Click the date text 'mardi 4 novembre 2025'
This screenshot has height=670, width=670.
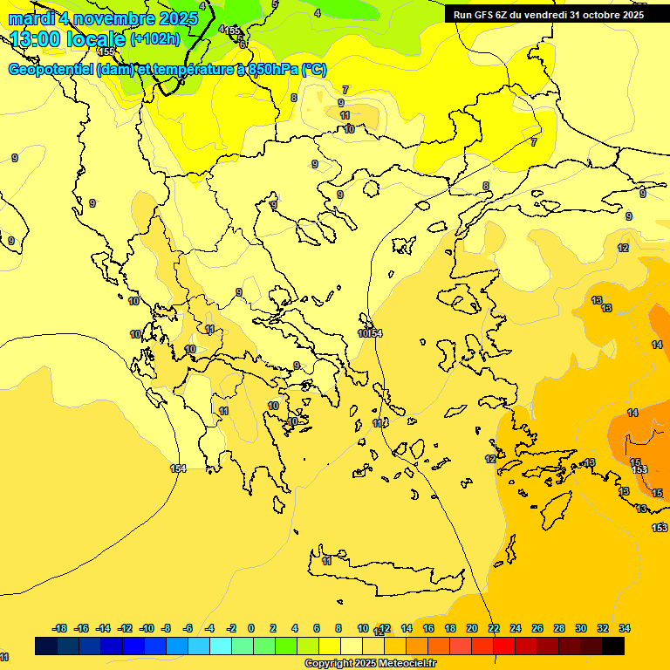tap(95, 18)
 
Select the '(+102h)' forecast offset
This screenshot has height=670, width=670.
tap(155, 39)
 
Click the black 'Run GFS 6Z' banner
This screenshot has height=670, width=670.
tap(549, 15)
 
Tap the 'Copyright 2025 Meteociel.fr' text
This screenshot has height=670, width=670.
tap(370, 664)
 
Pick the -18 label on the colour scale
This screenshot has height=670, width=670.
tap(60, 628)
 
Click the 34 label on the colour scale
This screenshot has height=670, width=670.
tap(625, 628)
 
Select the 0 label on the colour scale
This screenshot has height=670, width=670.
tap(251, 628)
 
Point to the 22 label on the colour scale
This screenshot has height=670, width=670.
tap(494, 628)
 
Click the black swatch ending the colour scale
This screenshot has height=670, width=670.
tap(613, 646)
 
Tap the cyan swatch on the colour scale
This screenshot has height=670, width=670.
tap(221, 646)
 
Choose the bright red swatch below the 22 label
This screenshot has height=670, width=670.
tap(504, 646)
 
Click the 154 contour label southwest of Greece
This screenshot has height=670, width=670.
tap(178, 468)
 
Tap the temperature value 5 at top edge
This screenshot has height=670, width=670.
tap(275, 4)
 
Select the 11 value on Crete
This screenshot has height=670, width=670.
tap(327, 561)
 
